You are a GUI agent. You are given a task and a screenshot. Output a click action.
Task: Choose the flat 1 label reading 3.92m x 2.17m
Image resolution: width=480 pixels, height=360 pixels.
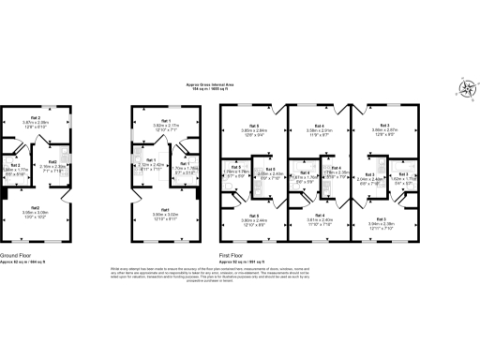click(x=165, y=124)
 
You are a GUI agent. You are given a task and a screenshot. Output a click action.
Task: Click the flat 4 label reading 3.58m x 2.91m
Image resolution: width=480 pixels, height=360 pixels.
click(x=320, y=130)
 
